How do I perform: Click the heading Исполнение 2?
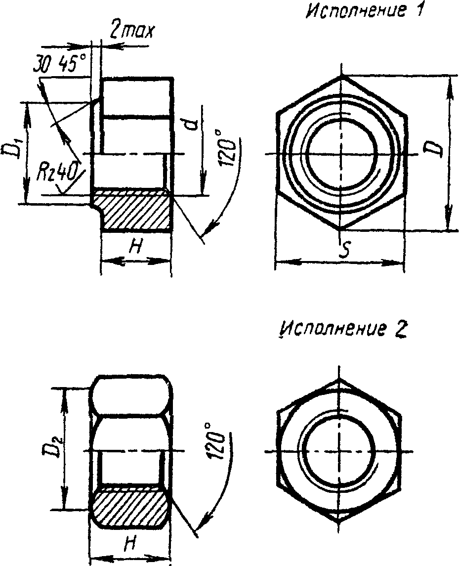(x=344, y=330)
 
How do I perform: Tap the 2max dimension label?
(x=131, y=32)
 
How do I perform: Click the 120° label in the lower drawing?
(x=216, y=441)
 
